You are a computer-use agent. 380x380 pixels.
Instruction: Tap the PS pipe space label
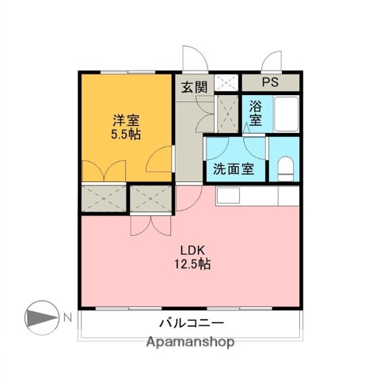[x=271, y=82]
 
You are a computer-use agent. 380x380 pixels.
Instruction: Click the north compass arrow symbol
[x=41, y=317]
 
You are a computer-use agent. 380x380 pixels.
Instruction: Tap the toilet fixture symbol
[x=286, y=168]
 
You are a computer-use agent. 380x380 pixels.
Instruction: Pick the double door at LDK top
[x=150, y=225]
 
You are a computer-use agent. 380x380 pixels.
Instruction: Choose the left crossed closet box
[x=103, y=199]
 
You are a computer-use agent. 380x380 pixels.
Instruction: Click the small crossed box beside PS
[x=227, y=81]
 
